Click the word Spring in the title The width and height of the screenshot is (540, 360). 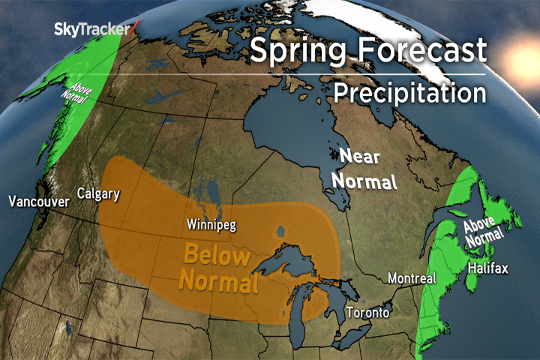292,50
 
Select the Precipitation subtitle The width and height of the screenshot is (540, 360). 409,93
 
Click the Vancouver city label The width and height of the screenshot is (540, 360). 40,201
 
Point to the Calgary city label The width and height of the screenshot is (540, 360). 98,194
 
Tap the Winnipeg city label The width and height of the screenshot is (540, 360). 208,223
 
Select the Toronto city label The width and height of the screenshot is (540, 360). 368,312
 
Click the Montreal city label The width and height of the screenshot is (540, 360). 412,278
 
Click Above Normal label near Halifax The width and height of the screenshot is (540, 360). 484,233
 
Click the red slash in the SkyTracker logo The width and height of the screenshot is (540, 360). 135,28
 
